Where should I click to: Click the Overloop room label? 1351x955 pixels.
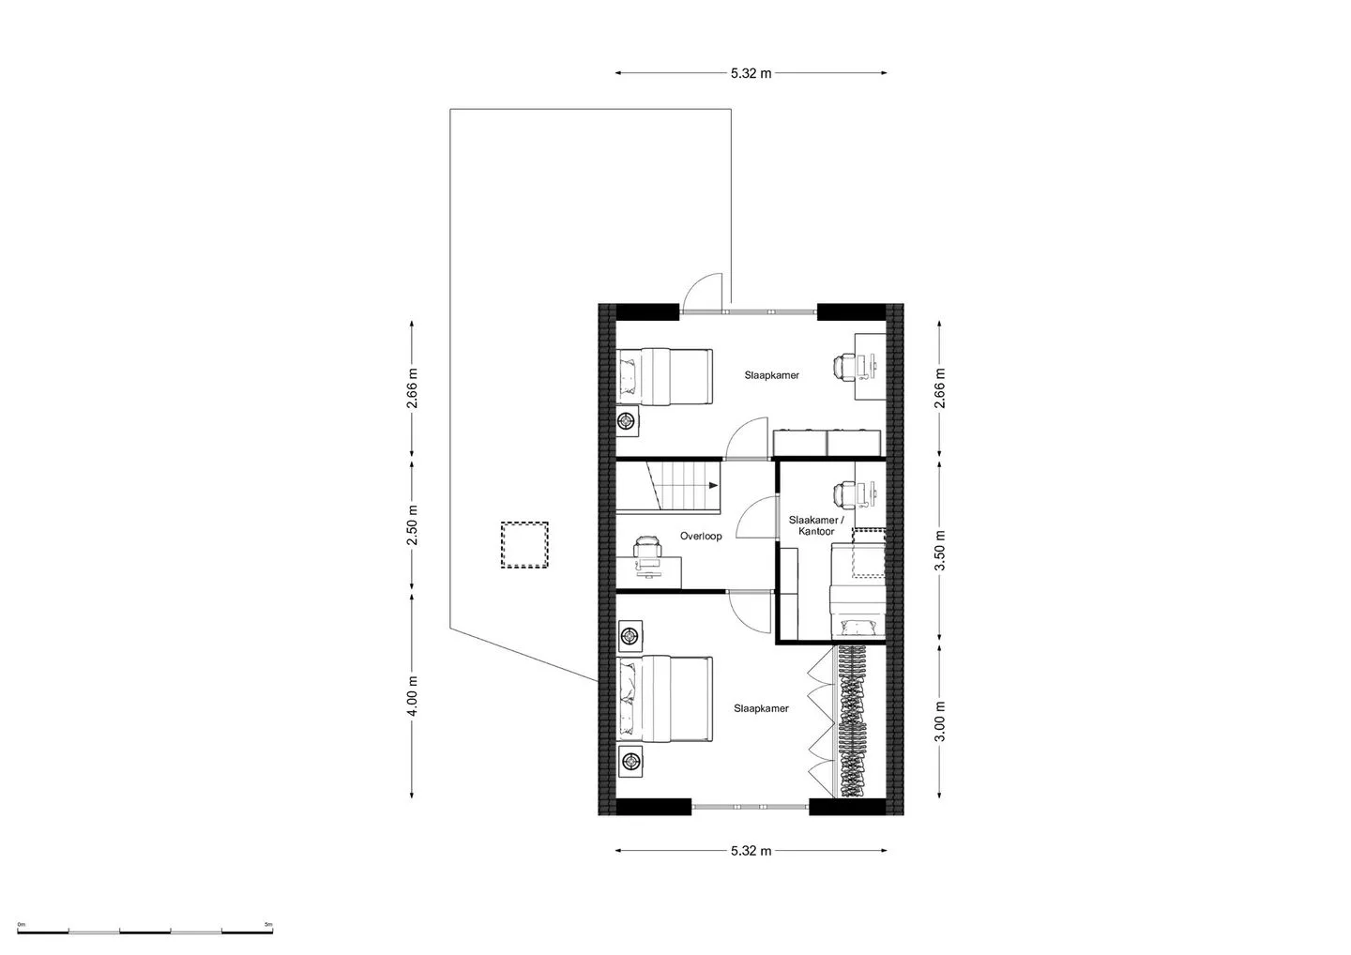point(701,536)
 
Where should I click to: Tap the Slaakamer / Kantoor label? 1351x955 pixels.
point(816,525)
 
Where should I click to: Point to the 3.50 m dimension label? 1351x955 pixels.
point(940,551)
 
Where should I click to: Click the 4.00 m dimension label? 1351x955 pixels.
point(413,696)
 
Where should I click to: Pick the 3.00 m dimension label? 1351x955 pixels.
point(940,721)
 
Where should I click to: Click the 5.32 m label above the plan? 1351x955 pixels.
point(751,73)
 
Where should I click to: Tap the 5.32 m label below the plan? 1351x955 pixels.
point(751,851)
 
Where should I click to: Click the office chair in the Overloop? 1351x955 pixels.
point(646,547)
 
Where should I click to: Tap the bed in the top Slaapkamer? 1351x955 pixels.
point(664,377)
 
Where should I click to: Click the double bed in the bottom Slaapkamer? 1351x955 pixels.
point(664,700)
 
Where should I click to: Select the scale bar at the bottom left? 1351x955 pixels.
point(144,932)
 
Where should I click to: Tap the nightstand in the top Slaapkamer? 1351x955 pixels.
point(628,421)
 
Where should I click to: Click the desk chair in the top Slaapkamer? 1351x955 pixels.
point(844,367)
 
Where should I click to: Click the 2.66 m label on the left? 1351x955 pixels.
point(413,387)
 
